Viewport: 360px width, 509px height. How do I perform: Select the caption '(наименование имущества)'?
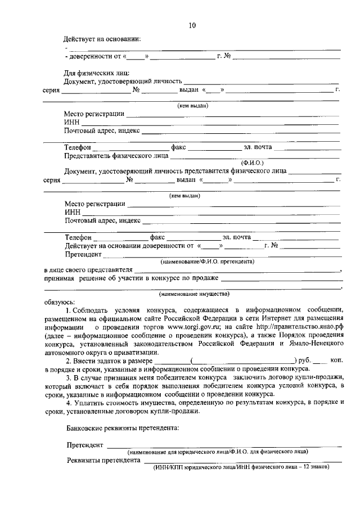click(194, 293)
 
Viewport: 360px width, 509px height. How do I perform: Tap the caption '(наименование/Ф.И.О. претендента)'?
click(207, 262)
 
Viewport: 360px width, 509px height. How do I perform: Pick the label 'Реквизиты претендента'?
click(102, 460)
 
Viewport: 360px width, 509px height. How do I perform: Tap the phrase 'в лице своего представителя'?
click(88, 270)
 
